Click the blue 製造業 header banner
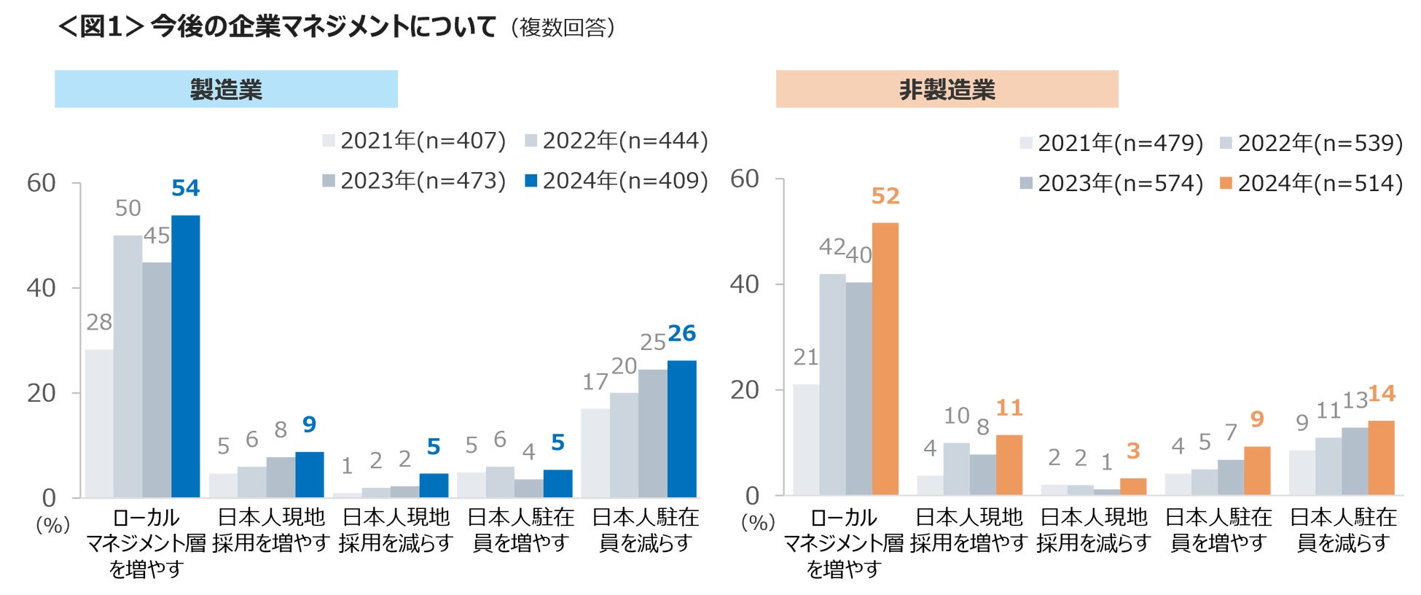point(226,89)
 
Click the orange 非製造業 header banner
point(947,89)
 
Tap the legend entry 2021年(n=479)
point(1112,143)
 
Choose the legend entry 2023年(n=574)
point(1112,183)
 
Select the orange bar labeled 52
point(885,359)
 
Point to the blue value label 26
point(682,333)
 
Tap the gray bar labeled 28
point(99,423)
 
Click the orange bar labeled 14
point(1381,458)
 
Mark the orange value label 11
point(1009,408)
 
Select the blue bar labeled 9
point(310,475)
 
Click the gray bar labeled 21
point(806,439)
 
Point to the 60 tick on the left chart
point(42,183)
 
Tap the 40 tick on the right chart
point(745,284)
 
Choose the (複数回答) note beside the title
point(563,28)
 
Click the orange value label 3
point(1133,451)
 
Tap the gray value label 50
point(128,209)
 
